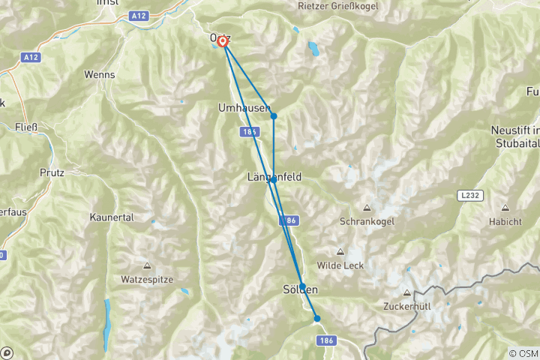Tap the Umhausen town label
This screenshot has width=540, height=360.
click(x=243, y=108)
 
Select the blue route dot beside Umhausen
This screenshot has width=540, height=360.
click(x=274, y=115)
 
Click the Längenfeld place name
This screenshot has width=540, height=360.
click(x=274, y=177)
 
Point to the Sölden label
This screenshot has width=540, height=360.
click(x=300, y=289)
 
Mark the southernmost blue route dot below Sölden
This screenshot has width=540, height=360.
click(x=316, y=319)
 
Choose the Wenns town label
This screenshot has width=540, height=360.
click(x=100, y=76)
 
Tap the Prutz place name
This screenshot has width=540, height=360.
click(x=52, y=172)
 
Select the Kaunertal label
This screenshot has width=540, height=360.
click(x=110, y=217)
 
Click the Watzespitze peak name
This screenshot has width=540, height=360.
click(x=147, y=279)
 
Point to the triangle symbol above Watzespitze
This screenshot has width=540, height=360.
click(x=147, y=265)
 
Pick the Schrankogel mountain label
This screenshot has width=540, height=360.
click(x=367, y=222)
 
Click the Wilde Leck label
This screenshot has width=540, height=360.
click(x=340, y=265)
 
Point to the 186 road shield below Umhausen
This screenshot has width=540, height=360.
click(x=250, y=132)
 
